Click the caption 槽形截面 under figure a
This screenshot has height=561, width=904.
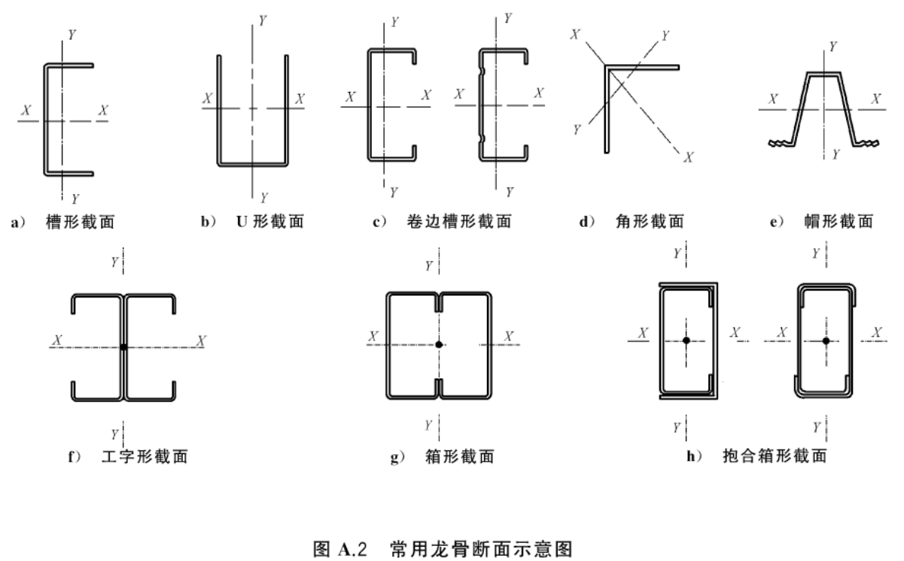81,222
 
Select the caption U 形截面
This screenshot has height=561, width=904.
270,221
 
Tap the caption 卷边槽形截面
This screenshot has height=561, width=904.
459,221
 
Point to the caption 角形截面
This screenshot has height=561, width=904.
650,221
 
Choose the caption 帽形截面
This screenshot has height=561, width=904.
839,221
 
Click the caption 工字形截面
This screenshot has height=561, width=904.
145,456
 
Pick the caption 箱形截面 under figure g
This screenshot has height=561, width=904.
460,456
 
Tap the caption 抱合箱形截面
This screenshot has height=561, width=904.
775,456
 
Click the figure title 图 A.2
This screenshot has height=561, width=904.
340,549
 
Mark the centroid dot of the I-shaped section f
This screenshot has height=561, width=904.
123,347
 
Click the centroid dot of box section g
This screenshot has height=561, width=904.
439,345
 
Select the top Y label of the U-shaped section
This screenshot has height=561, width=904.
263,20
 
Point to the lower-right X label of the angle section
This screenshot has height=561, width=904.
689,157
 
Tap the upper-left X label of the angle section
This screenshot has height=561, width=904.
575,35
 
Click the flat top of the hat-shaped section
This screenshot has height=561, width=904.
823,75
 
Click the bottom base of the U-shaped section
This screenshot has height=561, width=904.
253,164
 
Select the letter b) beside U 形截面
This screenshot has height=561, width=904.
208,221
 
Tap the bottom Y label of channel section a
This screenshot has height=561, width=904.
75,199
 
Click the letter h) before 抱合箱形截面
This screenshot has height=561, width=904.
695,456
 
